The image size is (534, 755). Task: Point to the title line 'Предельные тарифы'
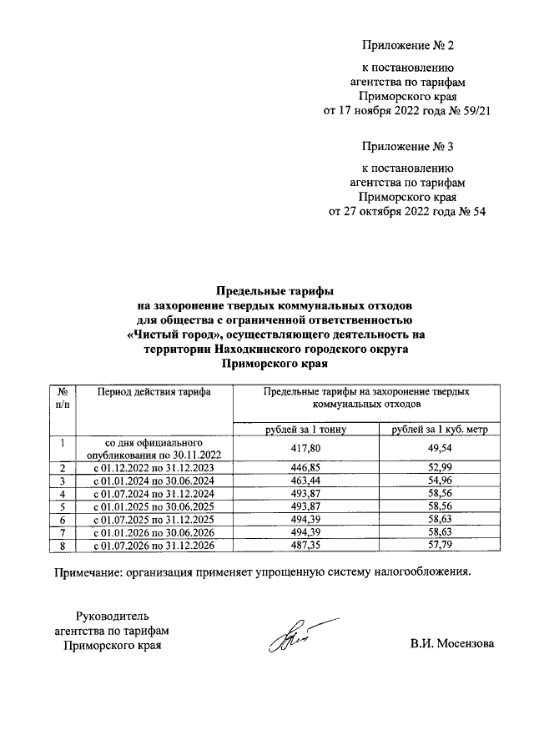coord(275,291)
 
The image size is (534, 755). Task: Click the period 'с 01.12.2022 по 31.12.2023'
coord(153,467)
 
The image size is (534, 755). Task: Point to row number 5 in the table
coord(63,506)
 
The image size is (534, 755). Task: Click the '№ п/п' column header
coord(63,397)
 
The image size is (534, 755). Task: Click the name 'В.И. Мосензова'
coord(451,645)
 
